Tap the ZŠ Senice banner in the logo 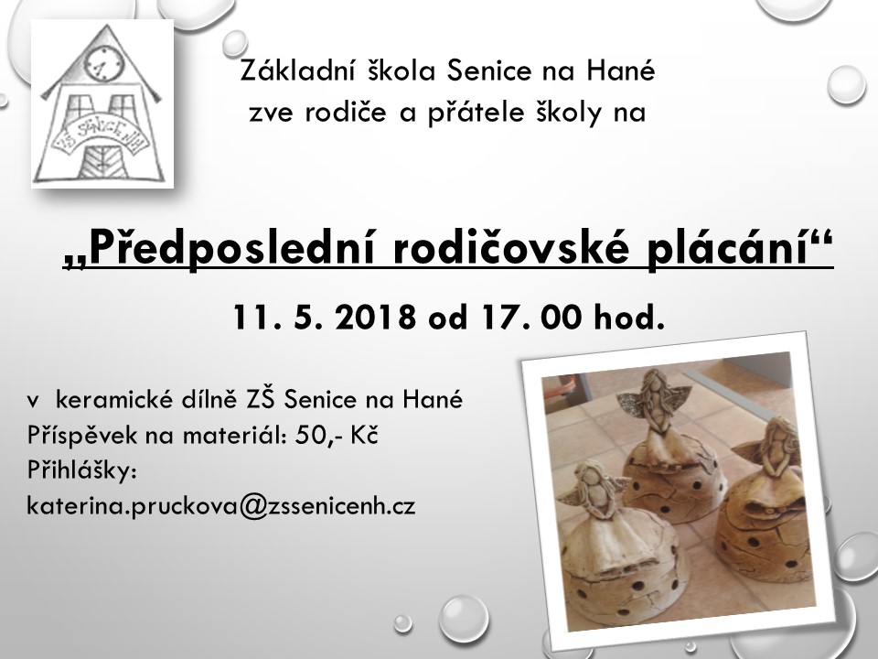(x=101, y=136)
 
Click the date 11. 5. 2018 (x=325, y=318)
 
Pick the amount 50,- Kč (x=337, y=436)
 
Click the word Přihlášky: (x=81, y=471)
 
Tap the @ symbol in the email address (x=253, y=506)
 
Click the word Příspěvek (x=82, y=436)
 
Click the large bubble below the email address (x=463, y=618)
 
